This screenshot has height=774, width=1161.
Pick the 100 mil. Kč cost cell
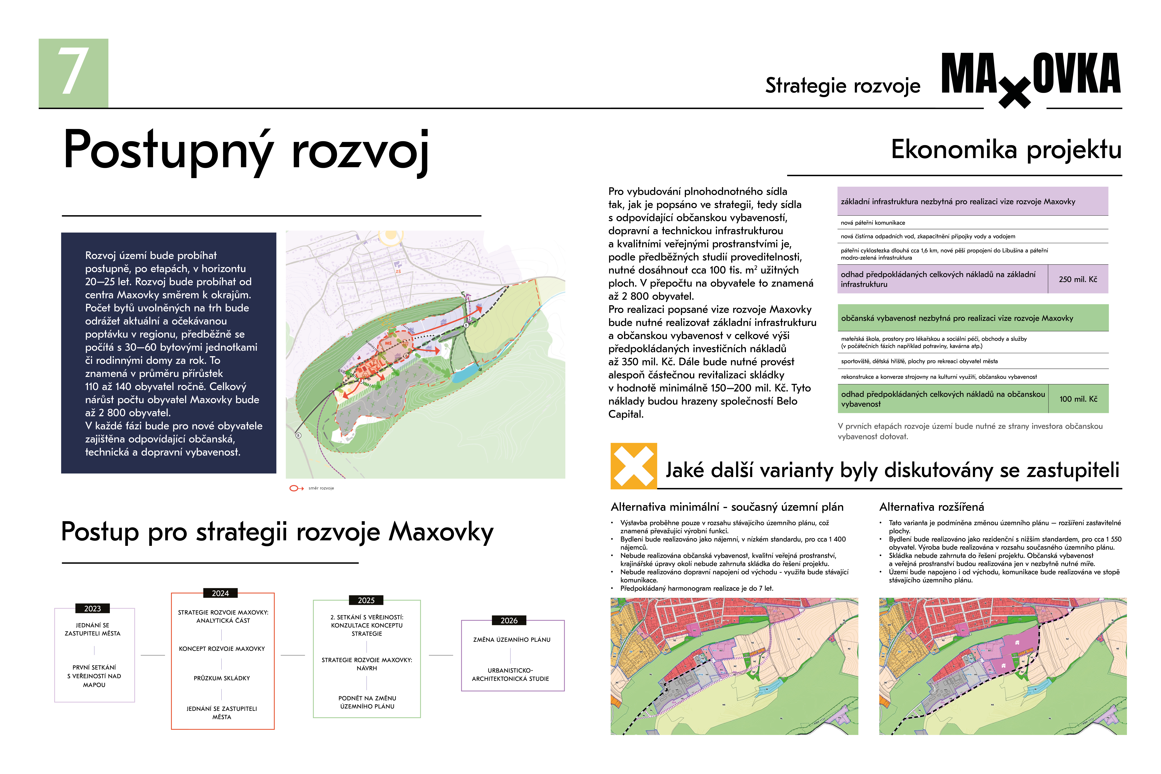pyautogui.click(x=1078, y=399)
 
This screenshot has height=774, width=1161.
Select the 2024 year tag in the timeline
pyautogui.click(x=220, y=593)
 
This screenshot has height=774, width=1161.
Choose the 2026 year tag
pyautogui.click(x=509, y=621)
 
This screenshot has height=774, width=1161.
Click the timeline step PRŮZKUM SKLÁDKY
pyautogui.click(x=222, y=678)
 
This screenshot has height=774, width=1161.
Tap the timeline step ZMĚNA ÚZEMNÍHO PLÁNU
pyautogui.click(x=511, y=640)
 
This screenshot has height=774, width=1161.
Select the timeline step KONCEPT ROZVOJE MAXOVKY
pyautogui.click(x=222, y=649)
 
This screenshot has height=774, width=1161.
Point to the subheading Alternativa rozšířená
pyautogui.click(x=931, y=507)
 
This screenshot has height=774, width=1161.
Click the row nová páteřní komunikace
pyautogui.click(x=873, y=223)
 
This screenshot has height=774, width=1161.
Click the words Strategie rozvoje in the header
pyautogui.click(x=843, y=86)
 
